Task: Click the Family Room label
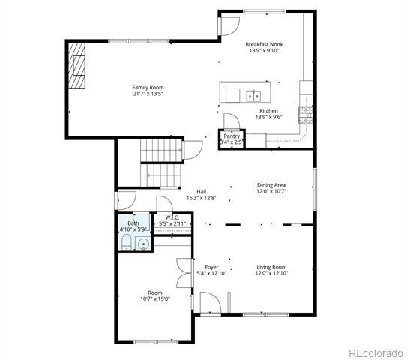[148, 87]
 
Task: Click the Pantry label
[232, 136]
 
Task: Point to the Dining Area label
[271, 184]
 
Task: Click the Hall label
[201, 191]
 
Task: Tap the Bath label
[133, 223]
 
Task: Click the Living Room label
[271, 267]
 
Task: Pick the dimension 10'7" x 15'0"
[154, 298]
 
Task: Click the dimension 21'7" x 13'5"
[148, 94]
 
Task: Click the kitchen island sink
[253, 95]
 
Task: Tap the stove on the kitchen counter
[305, 114]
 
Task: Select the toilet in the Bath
[127, 241]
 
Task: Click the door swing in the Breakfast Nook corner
[226, 26]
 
